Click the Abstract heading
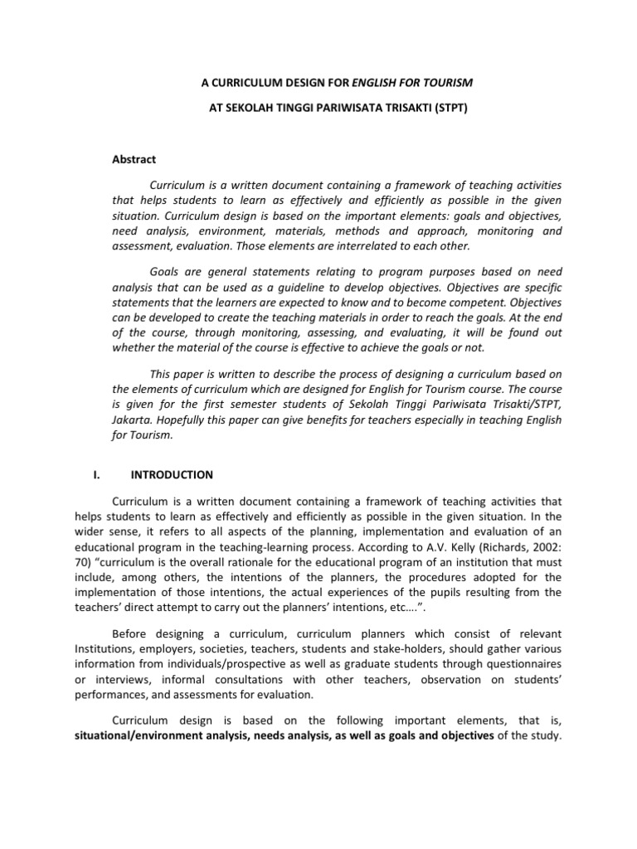click(x=134, y=159)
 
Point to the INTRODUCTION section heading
click(x=173, y=475)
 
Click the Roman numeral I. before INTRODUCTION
click(x=95, y=475)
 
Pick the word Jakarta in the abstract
click(x=131, y=420)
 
